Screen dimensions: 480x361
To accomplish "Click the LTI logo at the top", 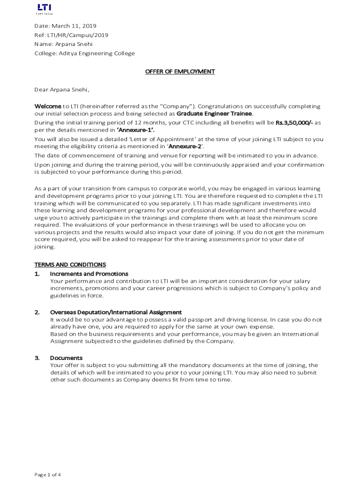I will pos(44,8).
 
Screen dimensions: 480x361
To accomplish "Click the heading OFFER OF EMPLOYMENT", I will pos(180,71).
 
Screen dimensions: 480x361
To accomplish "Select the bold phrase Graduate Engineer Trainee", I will pos(215,113).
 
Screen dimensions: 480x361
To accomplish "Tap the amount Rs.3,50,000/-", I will pos(294,123).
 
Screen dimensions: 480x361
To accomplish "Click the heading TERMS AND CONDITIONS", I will pos(70,265).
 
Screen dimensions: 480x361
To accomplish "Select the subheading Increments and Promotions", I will pos(89,274).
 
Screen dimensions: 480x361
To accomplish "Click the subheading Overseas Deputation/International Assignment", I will pos(116,312).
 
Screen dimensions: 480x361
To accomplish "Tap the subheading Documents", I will pos(66,358).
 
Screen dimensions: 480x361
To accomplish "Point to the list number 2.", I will pos(37,312).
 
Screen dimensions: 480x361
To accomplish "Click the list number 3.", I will pos(37,358).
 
